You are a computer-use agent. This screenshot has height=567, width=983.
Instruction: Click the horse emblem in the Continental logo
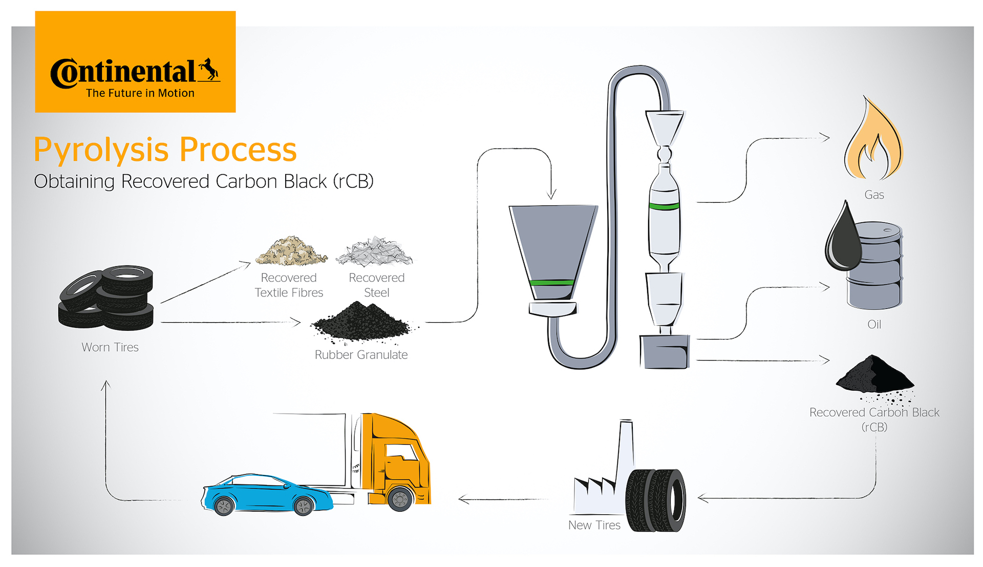click(x=208, y=70)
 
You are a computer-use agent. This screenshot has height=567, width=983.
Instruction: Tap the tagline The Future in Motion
click(x=140, y=93)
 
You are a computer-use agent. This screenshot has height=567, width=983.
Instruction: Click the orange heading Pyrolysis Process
click(x=165, y=150)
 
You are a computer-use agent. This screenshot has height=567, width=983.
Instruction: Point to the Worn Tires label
click(x=110, y=347)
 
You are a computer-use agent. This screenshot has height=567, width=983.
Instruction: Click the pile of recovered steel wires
click(x=374, y=252)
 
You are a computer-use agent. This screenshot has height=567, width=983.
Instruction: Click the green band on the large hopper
click(x=552, y=282)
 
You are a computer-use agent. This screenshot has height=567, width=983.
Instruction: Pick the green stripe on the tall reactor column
click(x=664, y=206)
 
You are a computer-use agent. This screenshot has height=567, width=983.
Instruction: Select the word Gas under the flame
click(x=874, y=195)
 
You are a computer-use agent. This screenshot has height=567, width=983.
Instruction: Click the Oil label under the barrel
click(x=874, y=324)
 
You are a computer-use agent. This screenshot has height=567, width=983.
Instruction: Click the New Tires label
click(x=594, y=525)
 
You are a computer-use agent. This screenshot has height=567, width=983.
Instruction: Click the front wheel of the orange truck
click(x=400, y=498)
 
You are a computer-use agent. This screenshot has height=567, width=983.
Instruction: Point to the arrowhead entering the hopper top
click(x=551, y=195)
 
